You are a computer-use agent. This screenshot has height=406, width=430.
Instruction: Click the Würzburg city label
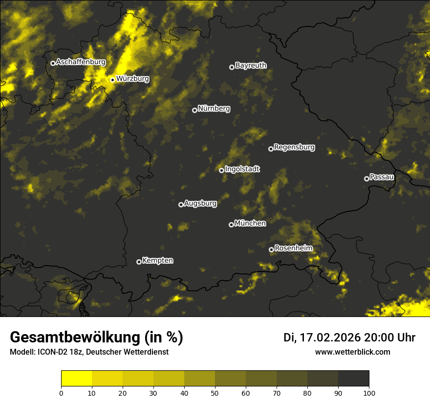(132, 79)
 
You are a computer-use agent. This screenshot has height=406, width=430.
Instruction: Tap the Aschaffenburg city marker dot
(53, 63)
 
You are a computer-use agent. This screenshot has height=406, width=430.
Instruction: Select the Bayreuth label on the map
(251, 66)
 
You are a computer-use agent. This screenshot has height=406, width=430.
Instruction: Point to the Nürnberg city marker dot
(194, 110)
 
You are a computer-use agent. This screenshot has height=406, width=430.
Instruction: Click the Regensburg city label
(294, 147)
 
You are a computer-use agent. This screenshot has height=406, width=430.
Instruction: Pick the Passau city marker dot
(366, 179)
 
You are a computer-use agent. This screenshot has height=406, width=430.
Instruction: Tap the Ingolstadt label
(242, 169)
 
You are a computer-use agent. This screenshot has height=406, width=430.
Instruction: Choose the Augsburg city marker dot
(181, 204)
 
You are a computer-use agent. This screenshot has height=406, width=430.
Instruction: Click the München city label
(250, 224)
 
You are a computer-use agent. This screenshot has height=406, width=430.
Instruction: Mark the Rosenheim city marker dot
(271, 249)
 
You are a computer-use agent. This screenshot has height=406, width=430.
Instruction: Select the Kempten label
(157, 261)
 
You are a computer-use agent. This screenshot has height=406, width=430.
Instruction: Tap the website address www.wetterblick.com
(352, 352)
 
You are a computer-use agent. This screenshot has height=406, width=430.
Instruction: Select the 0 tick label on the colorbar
(61, 393)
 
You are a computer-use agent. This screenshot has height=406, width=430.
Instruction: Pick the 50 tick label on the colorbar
(215, 393)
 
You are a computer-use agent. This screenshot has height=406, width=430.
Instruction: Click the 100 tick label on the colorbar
(369, 393)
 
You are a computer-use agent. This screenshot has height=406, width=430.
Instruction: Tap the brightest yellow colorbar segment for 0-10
(76, 379)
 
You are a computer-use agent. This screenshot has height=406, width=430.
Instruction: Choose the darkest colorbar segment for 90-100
(353, 379)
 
